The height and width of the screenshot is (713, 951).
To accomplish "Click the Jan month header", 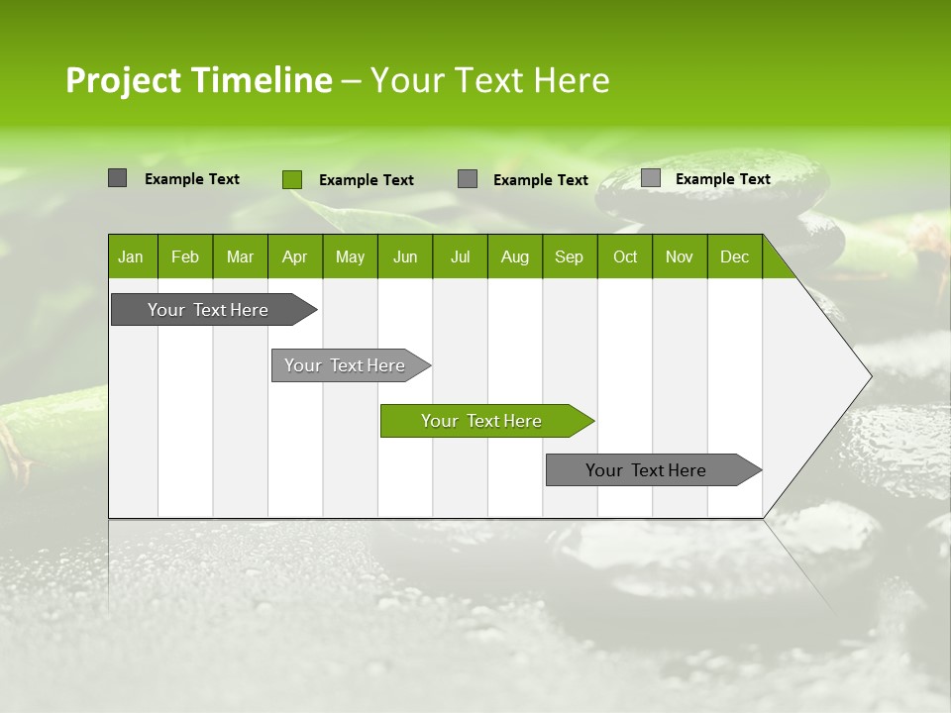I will coord(131,257).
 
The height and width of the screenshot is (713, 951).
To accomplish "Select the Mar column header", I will coord(240,257).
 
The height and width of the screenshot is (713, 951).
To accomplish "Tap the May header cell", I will coord(350,257).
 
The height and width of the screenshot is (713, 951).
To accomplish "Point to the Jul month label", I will coord(460,257).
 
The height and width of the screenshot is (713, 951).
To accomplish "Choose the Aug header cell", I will coord(514,257).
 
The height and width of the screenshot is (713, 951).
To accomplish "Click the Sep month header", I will coord(569,257).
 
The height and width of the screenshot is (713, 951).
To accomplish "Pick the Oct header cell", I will coord(625,257).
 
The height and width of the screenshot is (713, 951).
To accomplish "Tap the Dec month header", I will coord(734,257).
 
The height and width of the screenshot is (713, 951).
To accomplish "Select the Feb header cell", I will coord(185,257).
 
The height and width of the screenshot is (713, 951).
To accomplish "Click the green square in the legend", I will coord(292,179).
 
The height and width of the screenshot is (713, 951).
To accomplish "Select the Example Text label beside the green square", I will coord(367,180).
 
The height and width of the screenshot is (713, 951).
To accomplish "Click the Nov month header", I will coord(680,257).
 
